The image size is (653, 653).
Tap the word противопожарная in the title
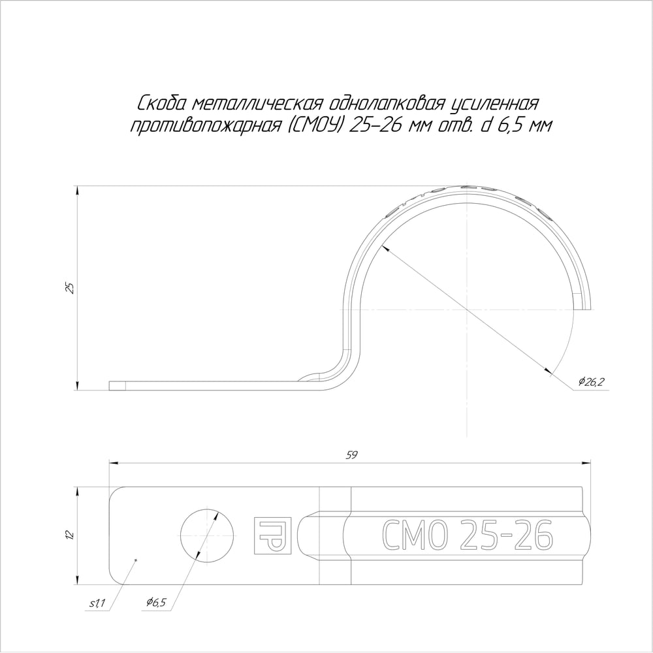(206, 125)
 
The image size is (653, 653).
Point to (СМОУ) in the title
(315, 125)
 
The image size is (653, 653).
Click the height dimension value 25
(71, 288)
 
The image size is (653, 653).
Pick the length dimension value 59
(352, 455)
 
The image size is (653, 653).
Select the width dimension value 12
(71, 535)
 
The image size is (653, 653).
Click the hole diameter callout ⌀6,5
(156, 602)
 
